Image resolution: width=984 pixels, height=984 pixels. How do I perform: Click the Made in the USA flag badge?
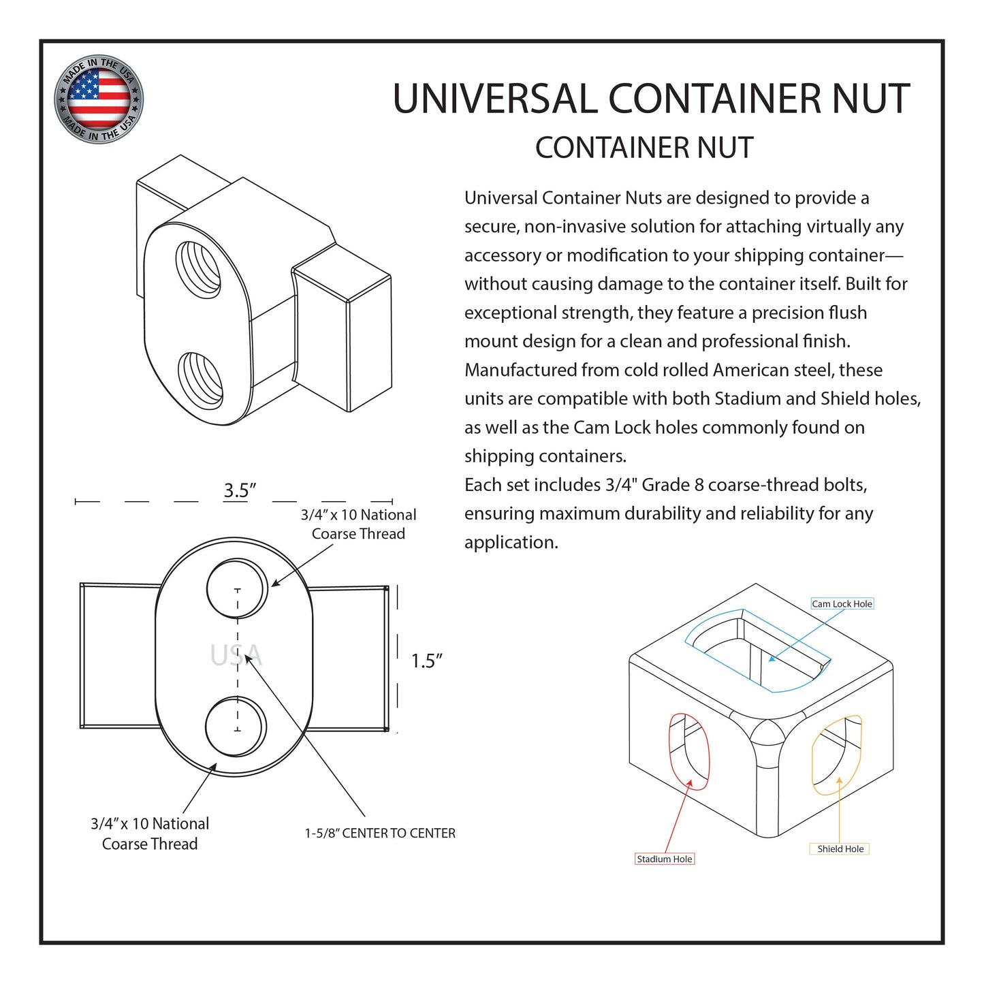99,99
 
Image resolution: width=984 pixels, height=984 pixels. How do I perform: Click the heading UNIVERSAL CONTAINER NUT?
651,99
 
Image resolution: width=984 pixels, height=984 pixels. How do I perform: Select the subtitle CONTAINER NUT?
644,148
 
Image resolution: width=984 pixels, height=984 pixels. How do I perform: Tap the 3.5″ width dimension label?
240,490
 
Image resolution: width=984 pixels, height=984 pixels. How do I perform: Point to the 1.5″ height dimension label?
426,661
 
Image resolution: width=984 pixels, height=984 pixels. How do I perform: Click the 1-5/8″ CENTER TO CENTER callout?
380,833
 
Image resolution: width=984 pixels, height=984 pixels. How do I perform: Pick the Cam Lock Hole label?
842,604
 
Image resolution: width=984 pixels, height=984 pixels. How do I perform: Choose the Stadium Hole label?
664,859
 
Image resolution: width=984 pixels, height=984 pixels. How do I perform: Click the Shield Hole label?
840,849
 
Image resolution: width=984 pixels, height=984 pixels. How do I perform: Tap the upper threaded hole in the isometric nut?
198,268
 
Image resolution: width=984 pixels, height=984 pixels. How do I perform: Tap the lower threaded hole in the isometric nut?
201,380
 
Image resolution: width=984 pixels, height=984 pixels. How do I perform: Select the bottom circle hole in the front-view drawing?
236,727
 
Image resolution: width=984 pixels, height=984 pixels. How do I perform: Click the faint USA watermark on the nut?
236,656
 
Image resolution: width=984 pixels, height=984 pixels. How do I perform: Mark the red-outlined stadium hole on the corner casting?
689,751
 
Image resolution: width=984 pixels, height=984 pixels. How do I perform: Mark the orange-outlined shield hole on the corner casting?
837,755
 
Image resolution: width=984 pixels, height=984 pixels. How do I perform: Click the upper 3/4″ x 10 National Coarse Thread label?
358,524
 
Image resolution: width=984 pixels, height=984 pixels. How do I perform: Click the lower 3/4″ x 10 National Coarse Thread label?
150,834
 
